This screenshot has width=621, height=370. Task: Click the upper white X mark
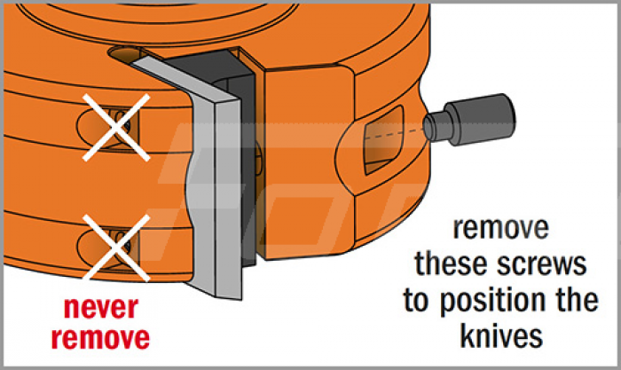click(x=116, y=128)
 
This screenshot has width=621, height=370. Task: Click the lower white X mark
click(x=116, y=248)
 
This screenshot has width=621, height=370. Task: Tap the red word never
click(x=101, y=308)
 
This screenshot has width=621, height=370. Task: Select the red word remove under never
click(x=100, y=338)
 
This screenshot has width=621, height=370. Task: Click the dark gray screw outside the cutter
click(x=469, y=120)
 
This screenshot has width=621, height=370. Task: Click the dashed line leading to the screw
click(x=394, y=134)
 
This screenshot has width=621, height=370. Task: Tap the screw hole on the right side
click(x=383, y=140)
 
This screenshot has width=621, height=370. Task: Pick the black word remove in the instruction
click(x=501, y=228)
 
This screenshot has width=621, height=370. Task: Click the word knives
click(x=501, y=336)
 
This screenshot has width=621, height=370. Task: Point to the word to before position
click(x=418, y=301)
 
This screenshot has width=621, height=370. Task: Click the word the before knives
click(x=577, y=300)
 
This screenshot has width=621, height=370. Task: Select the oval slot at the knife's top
click(x=122, y=54)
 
